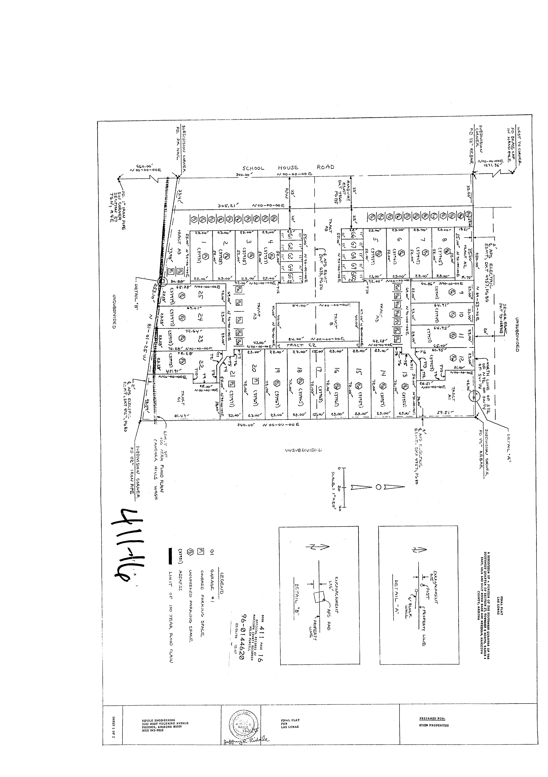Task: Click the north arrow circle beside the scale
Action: [x=378, y=487]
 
